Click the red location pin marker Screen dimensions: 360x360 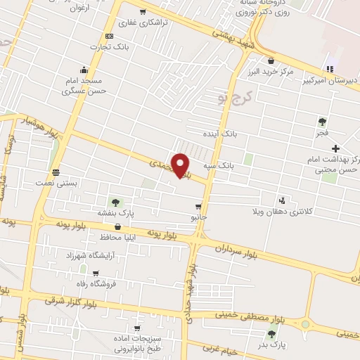point(181,165)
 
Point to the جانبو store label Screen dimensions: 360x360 point(200,217)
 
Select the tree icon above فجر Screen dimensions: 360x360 point(322,121)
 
